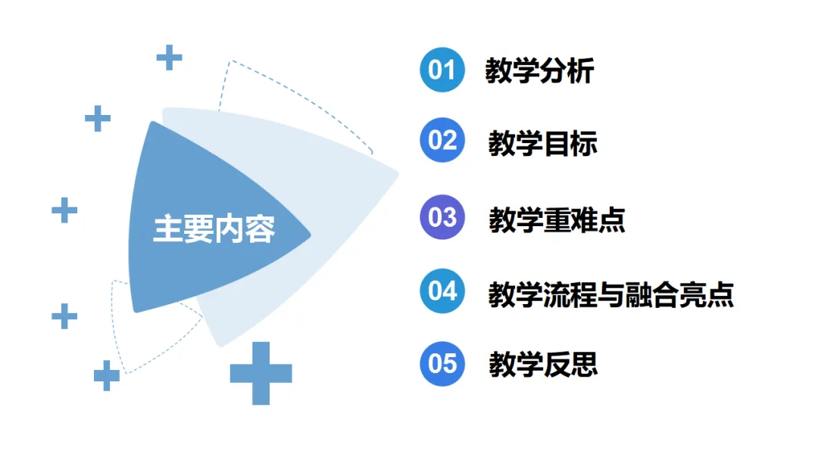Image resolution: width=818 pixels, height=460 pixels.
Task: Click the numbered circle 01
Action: [442, 70]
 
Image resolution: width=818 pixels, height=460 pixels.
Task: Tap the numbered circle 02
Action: [442, 141]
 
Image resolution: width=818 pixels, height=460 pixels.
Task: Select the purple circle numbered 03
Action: [442, 218]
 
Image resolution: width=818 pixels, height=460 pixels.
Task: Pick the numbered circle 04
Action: [442, 291]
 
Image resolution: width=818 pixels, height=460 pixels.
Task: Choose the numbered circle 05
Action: [442, 363]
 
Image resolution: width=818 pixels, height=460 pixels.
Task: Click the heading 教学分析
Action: [539, 71]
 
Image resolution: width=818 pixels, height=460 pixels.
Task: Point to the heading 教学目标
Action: [543, 142]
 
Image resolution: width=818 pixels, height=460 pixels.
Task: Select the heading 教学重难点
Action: [557, 219]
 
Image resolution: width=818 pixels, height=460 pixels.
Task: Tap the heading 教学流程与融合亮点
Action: [611, 293]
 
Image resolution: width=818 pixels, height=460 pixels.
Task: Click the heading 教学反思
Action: [543, 364]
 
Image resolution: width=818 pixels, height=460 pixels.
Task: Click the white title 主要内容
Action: [214, 229]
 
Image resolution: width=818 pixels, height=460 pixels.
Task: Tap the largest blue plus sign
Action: [261, 373]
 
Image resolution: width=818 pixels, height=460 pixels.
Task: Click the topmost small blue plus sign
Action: [169, 57]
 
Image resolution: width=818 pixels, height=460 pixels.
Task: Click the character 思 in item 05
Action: [584, 364]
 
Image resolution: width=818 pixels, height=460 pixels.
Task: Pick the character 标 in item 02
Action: [584, 142]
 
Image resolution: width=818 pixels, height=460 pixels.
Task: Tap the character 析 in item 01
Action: [580, 71]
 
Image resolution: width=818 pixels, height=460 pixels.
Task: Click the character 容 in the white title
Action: [260, 229]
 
